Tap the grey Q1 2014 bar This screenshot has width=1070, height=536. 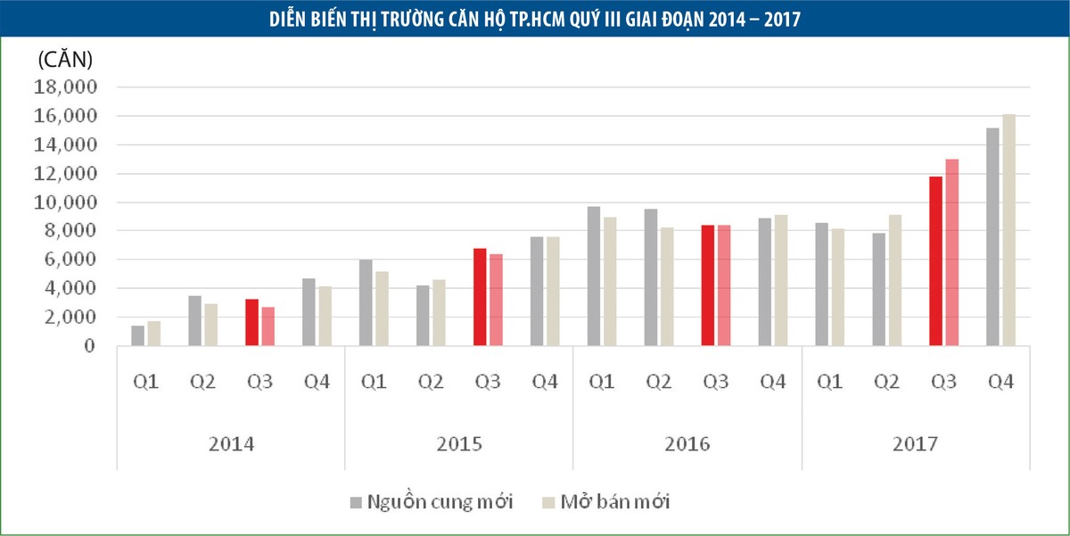[x=137, y=336]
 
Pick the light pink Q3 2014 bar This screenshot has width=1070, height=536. [x=267, y=326]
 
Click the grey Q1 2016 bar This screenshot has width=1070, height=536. [x=594, y=276]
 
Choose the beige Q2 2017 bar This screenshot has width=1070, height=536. [x=894, y=280]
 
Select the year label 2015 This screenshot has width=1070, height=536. [x=460, y=443]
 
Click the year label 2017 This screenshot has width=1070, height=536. [x=916, y=443]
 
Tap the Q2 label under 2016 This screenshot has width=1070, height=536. [x=658, y=382]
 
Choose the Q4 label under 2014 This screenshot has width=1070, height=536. [x=316, y=382]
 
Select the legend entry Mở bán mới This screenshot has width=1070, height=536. [x=615, y=502]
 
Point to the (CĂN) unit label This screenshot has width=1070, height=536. [x=65, y=61]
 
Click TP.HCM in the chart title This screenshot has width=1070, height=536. [x=489, y=19]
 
